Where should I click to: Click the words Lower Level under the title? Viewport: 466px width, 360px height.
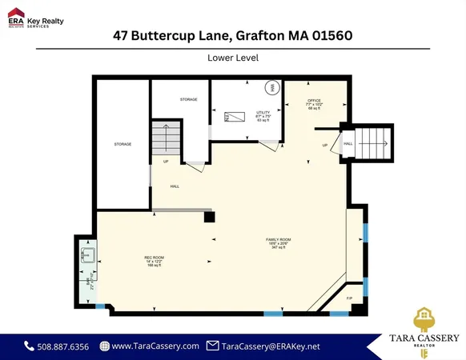click(x=232, y=58)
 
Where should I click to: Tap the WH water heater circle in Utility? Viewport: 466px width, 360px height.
click(x=271, y=87)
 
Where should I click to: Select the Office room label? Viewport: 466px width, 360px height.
click(x=313, y=102)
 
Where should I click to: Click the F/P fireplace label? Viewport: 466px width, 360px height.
click(x=349, y=298)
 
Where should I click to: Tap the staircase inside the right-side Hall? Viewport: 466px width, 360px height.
click(x=373, y=144)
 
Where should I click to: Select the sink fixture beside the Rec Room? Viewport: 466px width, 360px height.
click(x=87, y=257)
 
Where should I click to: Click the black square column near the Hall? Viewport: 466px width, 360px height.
click(x=209, y=216)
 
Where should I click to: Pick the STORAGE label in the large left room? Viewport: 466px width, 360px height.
click(x=123, y=144)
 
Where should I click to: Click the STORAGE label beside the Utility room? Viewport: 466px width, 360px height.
click(x=189, y=99)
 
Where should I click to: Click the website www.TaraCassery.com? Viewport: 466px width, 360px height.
click(x=155, y=346)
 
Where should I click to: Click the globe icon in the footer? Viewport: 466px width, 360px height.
click(x=105, y=346)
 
